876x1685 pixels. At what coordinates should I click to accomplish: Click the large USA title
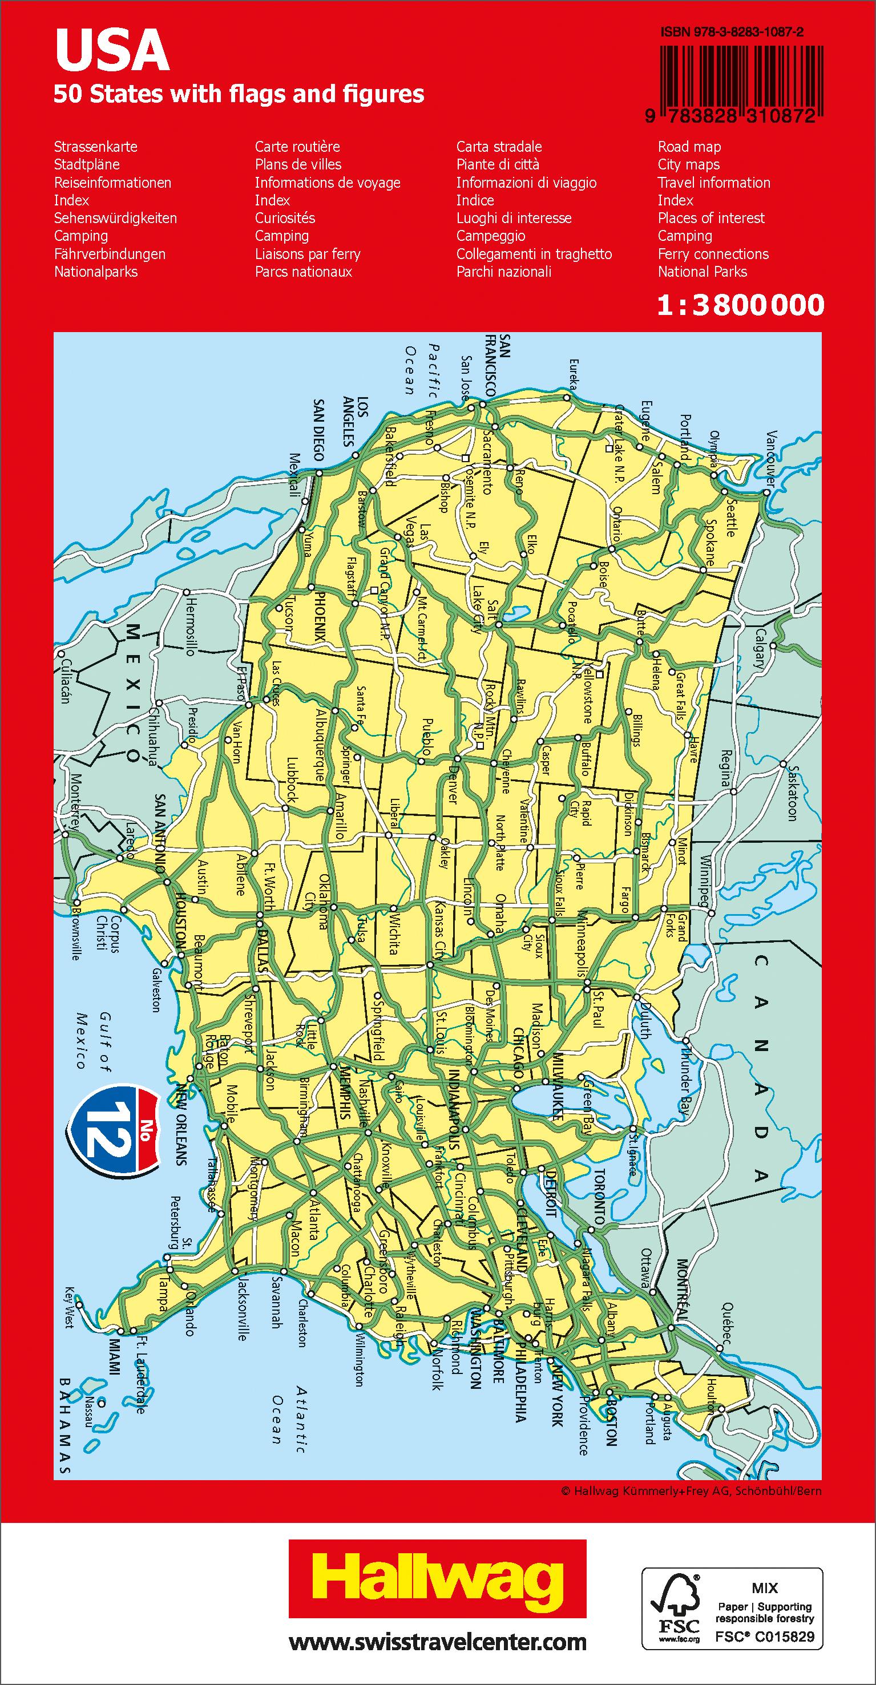(x=112, y=52)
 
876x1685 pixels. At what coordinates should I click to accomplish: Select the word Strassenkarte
(x=95, y=147)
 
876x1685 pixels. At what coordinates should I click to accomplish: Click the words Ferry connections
(x=713, y=254)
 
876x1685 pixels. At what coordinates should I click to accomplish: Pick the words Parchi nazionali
(x=504, y=272)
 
